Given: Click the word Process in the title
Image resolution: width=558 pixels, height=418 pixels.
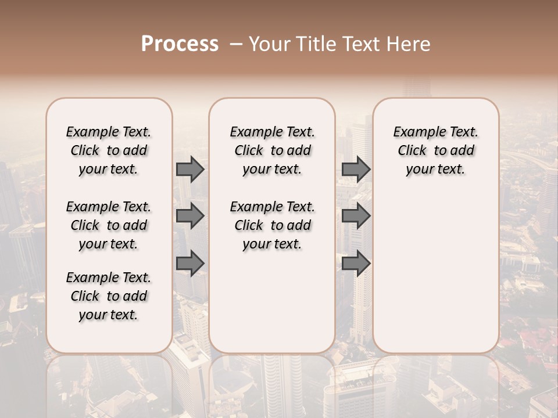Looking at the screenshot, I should click(180, 44).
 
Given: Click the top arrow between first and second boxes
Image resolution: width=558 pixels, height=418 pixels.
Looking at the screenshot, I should click(189, 170).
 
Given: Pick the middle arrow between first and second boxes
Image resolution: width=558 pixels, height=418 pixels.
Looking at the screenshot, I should click(189, 216).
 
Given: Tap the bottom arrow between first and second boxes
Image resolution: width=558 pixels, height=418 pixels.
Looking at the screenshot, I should click(189, 264).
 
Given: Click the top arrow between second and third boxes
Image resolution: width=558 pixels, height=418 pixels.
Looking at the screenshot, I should click(356, 170).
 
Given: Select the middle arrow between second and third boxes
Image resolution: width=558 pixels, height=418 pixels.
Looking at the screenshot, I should click(356, 216).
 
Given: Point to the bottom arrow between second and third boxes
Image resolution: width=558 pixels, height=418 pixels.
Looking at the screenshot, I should click(356, 264).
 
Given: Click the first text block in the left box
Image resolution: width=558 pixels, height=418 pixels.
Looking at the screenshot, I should click(109, 150).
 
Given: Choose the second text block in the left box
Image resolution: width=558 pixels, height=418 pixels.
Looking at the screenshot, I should click(109, 225).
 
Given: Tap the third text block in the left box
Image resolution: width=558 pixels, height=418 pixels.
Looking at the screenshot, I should click(109, 296).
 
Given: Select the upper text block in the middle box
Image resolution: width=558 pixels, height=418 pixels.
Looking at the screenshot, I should click(273, 150).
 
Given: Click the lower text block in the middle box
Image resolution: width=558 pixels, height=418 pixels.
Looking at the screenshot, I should click(273, 225).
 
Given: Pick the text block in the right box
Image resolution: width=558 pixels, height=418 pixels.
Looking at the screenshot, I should click(436, 150).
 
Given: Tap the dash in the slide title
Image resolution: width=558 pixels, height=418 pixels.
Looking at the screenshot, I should click(236, 44).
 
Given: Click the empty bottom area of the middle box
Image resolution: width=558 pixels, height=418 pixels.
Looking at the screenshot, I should click(272, 308).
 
